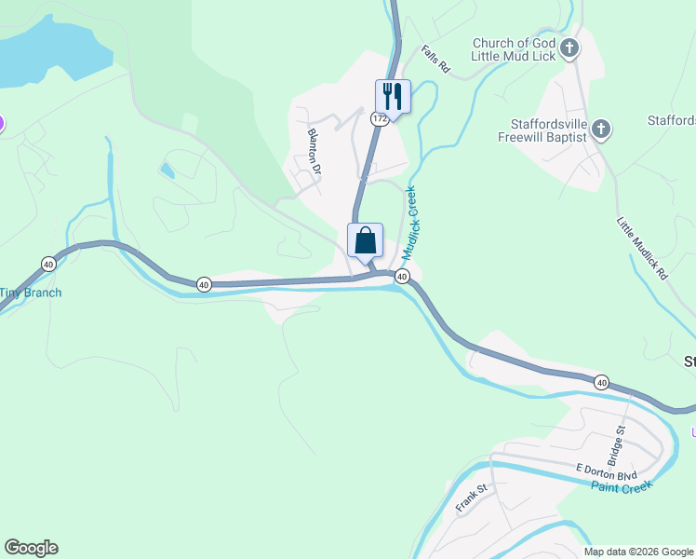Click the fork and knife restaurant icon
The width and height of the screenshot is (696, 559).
click(x=392, y=96)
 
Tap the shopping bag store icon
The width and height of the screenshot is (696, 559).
click(x=366, y=240)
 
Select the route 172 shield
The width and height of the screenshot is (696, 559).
click(x=379, y=118)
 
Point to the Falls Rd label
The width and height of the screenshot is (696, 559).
click(x=435, y=61)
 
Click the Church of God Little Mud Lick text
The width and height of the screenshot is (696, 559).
click(x=514, y=49)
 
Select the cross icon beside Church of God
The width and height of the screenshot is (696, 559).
click(x=570, y=47)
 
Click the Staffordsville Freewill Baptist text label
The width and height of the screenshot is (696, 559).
click(x=548, y=130)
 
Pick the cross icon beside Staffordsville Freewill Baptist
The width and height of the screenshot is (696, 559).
click(x=601, y=129)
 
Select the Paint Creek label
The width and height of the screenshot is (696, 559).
click(x=622, y=486)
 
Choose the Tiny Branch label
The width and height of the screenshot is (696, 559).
click(x=30, y=293)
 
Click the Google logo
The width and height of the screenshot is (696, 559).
click(x=31, y=548)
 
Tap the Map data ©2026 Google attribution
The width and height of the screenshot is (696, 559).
click(x=637, y=552)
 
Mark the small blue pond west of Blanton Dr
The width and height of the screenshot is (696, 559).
click(x=167, y=170)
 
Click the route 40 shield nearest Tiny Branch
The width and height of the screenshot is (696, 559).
click(x=48, y=265)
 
